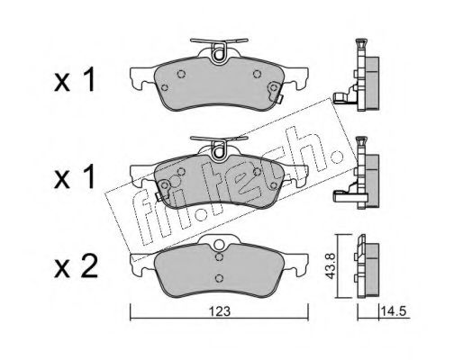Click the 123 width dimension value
(220, 311)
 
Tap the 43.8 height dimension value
(331, 266)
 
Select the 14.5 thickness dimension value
(393, 311)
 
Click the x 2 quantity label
(76, 265)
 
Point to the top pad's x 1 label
(75, 79)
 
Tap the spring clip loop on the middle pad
(219, 152)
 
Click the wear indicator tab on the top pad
(279, 99)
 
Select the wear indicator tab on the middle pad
(159, 195)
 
